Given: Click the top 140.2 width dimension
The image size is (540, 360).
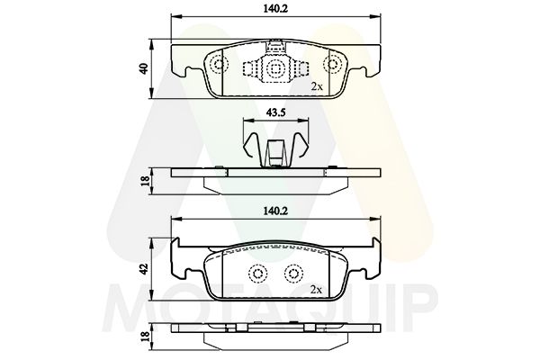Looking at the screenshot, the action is pos(275,9).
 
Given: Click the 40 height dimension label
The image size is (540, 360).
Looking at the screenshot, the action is pos(144,68).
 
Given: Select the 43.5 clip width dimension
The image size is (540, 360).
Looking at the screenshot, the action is pos(275,112).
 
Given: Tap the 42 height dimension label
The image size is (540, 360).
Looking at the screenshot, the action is pos(144,269).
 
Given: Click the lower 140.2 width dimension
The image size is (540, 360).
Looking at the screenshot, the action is pos(275,211).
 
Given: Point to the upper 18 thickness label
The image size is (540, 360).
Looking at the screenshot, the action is pos(145,181).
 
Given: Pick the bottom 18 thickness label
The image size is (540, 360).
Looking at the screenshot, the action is pos(145,337).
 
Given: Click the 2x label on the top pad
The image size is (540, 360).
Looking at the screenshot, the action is pos(317,86).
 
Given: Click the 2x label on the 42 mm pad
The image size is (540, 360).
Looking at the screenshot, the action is pos(316,290).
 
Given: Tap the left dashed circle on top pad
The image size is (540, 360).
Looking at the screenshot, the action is pos(219,65).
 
